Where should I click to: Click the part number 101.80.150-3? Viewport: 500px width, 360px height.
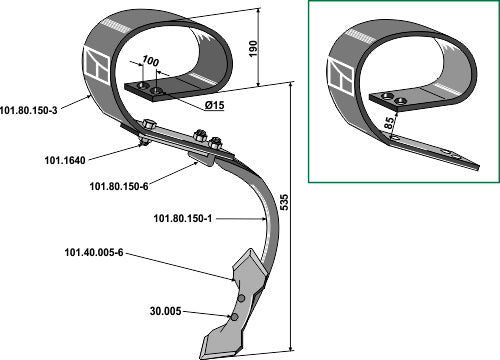(29, 110)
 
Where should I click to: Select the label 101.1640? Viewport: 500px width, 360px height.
(65, 160)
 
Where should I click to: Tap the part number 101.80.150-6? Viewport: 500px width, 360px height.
(119, 186)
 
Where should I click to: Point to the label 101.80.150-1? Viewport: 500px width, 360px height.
(183, 219)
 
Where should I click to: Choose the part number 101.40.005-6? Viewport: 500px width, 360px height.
(94, 253)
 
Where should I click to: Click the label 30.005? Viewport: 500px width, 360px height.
(166, 311)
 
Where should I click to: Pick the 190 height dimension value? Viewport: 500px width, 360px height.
(253, 48)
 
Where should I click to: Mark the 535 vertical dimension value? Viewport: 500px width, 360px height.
(284, 202)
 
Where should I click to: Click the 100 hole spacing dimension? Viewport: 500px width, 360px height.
(150, 61)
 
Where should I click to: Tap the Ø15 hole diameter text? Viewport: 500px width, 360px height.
(215, 105)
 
